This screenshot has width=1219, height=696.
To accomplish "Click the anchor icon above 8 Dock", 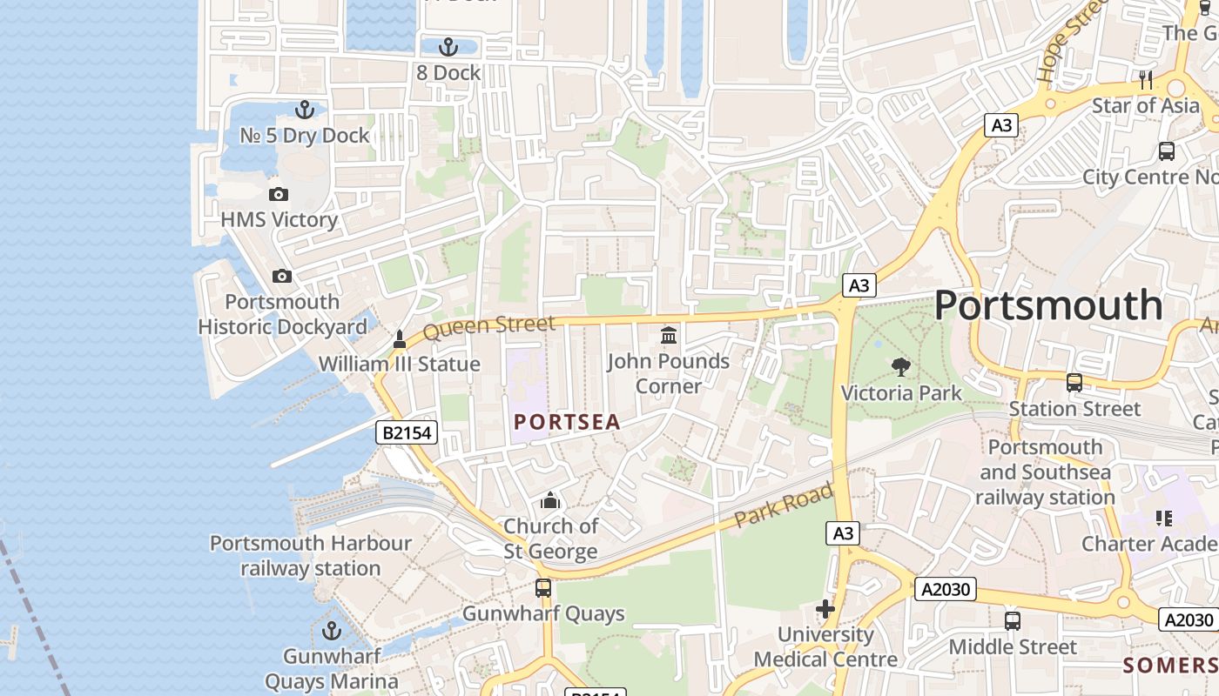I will (448, 47).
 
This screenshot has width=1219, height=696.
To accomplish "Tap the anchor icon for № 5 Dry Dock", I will (304, 110).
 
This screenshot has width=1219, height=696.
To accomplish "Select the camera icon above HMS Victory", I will (279, 194).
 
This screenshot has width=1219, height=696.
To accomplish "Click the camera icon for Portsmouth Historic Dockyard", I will (282, 276).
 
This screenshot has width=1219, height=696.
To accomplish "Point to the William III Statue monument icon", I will (400, 338).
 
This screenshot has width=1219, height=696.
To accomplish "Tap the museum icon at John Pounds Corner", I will (669, 335).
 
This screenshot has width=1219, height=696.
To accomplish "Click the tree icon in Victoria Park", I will (901, 367).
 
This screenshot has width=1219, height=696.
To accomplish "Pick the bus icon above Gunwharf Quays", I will (543, 588).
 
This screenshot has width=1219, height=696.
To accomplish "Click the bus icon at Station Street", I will (1074, 383).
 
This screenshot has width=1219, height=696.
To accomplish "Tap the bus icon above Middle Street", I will (1013, 621).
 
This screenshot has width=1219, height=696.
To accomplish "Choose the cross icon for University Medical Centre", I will (825, 609).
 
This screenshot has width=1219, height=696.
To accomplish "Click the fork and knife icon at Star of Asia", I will (1146, 80).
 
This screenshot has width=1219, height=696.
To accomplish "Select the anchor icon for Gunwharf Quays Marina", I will (332, 631).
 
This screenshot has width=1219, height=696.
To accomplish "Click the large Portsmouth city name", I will (1048, 306).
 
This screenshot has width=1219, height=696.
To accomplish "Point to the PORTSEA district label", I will (567, 423).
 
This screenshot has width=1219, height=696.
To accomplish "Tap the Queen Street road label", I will (488, 328).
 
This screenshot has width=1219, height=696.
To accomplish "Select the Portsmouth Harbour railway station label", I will (311, 556).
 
